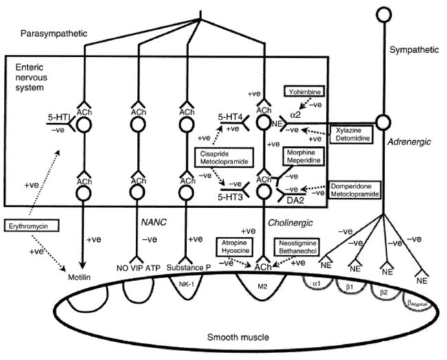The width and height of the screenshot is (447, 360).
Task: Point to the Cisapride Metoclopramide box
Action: pyautogui.click(x=221, y=159)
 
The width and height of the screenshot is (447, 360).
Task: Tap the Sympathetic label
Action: pyautogui.click(x=412, y=49)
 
